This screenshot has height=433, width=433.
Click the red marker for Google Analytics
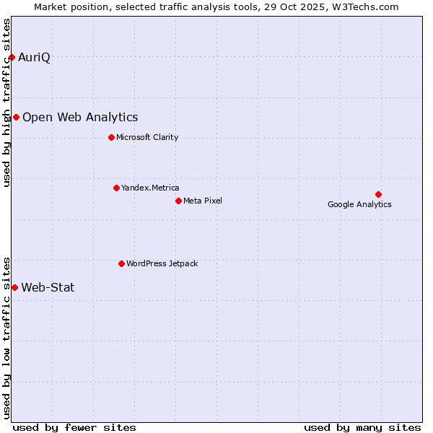tap(378, 194)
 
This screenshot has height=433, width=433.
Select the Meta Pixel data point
tap(178, 201)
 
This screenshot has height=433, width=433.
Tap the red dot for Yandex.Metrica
tap(116, 188)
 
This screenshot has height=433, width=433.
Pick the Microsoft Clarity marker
tap(111, 137)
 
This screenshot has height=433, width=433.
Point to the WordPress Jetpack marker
tap(121, 263)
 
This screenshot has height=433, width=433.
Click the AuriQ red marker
tap(12, 57)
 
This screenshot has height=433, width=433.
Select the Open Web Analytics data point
tap(16, 117)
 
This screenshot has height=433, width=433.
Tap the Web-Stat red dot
tap(14, 287)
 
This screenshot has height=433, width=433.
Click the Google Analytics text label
tap(359, 204)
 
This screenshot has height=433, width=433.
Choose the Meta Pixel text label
tap(203, 201)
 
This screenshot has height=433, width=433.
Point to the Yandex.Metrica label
tap(150, 188)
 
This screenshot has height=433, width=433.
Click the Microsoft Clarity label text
tap(147, 137)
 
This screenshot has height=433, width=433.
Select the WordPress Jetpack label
tap(162, 263)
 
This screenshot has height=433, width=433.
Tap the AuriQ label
tap(34, 57)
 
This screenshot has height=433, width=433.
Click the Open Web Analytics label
tap(80, 117)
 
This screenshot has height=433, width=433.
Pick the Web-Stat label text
tap(48, 287)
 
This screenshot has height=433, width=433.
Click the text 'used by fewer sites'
tap(74, 427)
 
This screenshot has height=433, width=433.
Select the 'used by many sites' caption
tap(362, 427)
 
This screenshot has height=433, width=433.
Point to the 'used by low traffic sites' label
tap(7, 337)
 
